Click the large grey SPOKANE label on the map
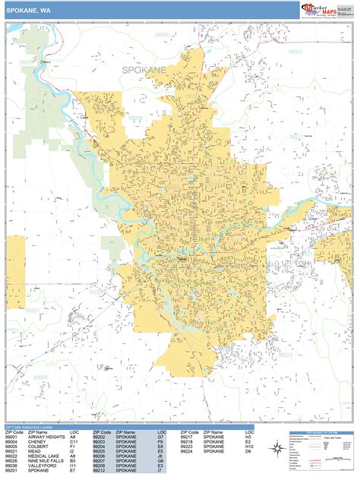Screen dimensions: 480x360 coord(144,69)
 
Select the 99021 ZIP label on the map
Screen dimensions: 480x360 coord(295,52)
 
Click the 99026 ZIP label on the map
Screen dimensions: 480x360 coord(27,62)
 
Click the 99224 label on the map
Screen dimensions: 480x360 coord(94,291)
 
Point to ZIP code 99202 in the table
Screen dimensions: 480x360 coord(99,437)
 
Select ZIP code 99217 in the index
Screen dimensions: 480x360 coord(188,437)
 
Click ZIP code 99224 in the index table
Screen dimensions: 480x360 coord(188,451)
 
